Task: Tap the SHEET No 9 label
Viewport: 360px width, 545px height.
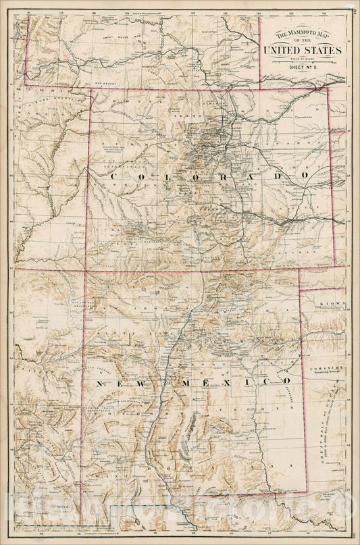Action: [x=303, y=68]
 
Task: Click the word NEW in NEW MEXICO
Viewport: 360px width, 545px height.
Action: [x=109, y=383]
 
